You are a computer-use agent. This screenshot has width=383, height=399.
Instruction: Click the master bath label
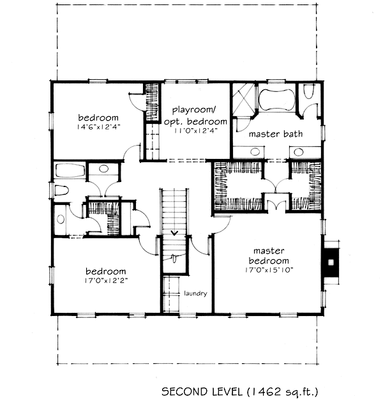coord(276,134)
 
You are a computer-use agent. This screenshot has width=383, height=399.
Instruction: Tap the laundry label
coord(195,294)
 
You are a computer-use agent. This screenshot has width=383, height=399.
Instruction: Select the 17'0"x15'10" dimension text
coord(269,270)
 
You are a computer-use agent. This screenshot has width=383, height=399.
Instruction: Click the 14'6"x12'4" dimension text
coord(98,126)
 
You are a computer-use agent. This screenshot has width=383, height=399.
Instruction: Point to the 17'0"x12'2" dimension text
coord(106,280)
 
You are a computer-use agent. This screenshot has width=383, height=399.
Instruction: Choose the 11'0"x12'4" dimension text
coord(195,130)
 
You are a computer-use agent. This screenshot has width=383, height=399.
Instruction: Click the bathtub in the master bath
coord(276,100)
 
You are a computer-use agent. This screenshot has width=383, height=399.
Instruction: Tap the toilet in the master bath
coord(308,91)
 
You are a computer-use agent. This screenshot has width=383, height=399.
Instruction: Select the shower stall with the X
coord(244,100)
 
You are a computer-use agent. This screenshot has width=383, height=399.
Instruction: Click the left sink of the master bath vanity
coord(255,152)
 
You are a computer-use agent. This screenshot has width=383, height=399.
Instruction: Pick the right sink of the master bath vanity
coord(299,152)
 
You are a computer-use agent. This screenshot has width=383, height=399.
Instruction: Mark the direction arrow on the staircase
coord(174,233)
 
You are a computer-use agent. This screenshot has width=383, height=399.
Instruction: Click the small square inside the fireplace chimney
coord(331,262)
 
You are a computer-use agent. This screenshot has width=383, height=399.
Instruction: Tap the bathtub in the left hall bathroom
coord(70,170)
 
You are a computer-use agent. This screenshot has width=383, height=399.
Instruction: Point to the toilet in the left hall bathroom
coord(61,191)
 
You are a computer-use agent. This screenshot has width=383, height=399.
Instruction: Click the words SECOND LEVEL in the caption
coord(202,391)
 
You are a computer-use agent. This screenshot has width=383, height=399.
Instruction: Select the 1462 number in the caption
coord(267,391)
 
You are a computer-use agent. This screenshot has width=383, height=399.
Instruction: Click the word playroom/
coord(194,110)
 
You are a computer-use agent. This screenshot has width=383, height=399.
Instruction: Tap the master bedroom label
coord(269,256)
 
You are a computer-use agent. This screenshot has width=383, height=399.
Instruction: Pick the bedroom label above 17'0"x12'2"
coord(105,271)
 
